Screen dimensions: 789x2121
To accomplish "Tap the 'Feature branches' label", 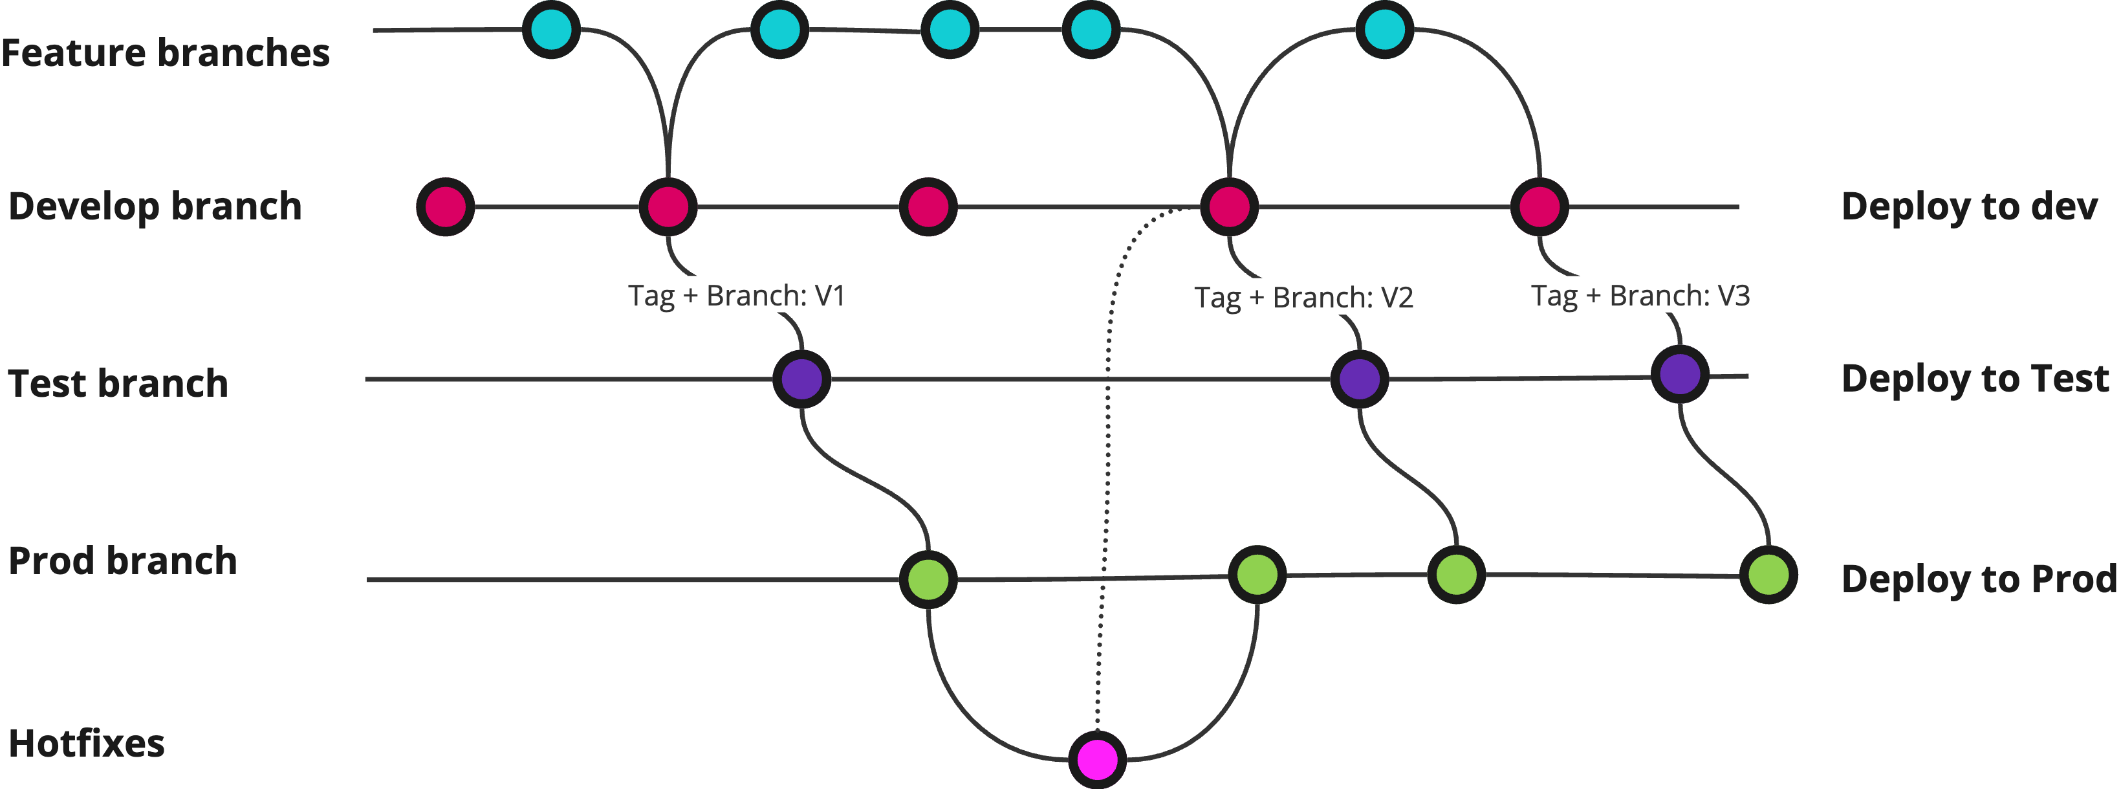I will [x=166, y=52].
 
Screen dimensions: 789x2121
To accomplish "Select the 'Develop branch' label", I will [x=155, y=206].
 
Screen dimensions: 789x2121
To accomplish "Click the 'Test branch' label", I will [x=118, y=384].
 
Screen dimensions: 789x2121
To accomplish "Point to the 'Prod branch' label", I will [x=123, y=561].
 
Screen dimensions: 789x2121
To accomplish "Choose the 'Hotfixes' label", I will [x=87, y=744].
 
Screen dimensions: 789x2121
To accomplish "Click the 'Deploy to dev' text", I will [x=1969, y=206].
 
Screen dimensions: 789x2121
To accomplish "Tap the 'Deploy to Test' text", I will [x=1974, y=379].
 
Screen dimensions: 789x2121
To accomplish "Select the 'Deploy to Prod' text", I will [x=1979, y=579].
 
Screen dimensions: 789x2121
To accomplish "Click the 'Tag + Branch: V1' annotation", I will [x=736, y=296].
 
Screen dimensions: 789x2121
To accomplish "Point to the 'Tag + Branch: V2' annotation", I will [x=1303, y=297].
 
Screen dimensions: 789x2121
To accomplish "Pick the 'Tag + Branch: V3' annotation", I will [x=1639, y=296].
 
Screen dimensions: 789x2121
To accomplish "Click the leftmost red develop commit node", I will [x=446, y=206].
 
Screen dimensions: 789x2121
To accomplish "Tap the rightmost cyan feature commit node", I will [x=1384, y=30].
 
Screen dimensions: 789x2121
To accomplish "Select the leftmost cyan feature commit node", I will [x=551, y=30].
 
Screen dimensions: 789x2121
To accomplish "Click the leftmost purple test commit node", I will [x=801, y=379].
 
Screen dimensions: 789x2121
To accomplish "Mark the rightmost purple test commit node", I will [x=1680, y=374].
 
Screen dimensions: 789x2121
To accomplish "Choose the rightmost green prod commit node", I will [x=1768, y=575].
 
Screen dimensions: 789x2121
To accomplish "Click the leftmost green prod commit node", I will [x=928, y=580].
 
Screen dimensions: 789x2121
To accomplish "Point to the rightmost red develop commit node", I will [x=1539, y=206].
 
